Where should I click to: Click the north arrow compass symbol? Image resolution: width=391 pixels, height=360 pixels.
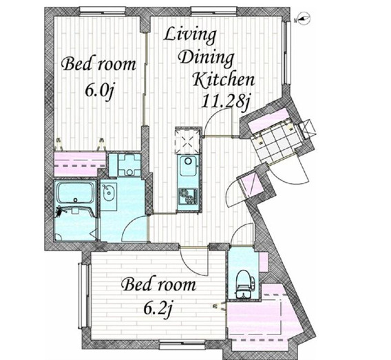pos(302,19)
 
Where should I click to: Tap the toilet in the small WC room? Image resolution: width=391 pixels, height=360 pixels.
pos(244,284)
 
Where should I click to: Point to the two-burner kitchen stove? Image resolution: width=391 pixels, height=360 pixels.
pos(188,195)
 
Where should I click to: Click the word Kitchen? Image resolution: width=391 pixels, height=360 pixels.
pos(224,80)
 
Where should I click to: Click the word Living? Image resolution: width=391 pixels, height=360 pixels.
pos(190,36)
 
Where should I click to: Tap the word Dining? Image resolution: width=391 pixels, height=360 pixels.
pos(207,59)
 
